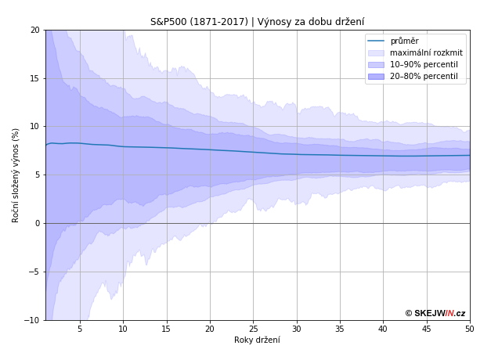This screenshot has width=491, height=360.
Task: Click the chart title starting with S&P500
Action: click(x=257, y=22)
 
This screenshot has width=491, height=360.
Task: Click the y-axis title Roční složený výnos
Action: click(x=16, y=175)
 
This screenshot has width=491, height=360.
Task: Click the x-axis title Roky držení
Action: click(x=257, y=340)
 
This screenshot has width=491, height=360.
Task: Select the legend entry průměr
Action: click(x=404, y=41)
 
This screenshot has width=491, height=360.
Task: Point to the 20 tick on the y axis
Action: click(x=34, y=30)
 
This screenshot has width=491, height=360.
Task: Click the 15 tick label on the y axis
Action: click(x=34, y=78)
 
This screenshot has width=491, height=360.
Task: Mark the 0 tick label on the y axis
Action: click(x=37, y=223)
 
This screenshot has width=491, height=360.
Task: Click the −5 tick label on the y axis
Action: click(x=34, y=272)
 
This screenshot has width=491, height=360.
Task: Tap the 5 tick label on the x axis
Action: click(x=80, y=329)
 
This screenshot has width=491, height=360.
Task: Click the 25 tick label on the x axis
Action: click(x=253, y=329)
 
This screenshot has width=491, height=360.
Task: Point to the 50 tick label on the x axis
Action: click(x=470, y=329)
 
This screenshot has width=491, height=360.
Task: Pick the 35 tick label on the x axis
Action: click(x=340, y=329)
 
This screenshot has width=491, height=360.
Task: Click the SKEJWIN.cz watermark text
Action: click(x=435, y=313)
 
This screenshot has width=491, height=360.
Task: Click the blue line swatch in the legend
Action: click(x=376, y=41)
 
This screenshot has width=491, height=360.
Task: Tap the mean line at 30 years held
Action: click(x=297, y=154)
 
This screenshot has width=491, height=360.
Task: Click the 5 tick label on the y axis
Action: click(x=37, y=175)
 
